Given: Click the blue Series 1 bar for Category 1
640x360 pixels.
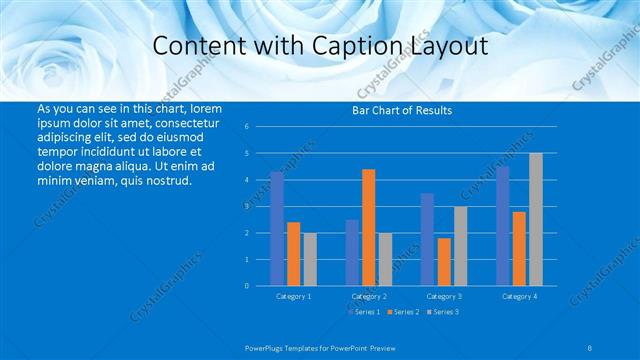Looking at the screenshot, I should point(277,229).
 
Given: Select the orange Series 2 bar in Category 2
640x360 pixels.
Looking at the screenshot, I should point(369,227).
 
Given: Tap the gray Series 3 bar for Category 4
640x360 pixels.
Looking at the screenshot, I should point(536,219).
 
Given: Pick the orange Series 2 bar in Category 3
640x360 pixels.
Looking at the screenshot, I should point(444,262).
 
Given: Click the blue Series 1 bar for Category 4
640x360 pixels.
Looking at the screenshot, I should point(503,226).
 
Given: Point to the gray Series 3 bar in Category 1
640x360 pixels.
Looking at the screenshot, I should point(310,259).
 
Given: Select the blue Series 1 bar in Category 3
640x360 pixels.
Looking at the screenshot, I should point(427,239).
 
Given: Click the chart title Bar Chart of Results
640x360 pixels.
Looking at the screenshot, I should point(402,110).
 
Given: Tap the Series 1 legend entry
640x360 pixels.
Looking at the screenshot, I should point(363,312).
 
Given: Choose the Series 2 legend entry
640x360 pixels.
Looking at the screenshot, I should point(402,312).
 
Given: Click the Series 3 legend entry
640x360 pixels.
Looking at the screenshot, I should point(442,312).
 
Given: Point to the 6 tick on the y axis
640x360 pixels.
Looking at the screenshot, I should point(246,127).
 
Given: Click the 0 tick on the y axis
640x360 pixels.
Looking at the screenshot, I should point(246,286).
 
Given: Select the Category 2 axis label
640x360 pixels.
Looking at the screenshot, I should point(369,296).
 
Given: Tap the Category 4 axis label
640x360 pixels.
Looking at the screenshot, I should point(519,296).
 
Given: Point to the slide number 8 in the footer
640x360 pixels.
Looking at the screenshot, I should point(589,346).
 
